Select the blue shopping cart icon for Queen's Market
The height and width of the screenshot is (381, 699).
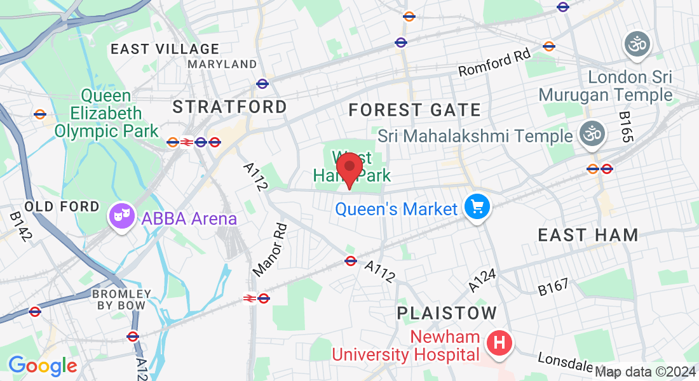tap(477, 208)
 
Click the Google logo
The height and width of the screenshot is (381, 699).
tap(43, 366)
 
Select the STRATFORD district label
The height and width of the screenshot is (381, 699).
tap(230, 106)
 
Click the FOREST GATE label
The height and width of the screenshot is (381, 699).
tap(414, 110)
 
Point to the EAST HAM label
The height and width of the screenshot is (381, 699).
tap(588, 235)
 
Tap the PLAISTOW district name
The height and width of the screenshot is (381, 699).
tap(447, 312)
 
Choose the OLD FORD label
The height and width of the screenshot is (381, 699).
tap(62, 207)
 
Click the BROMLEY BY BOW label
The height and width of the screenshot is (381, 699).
tap(121, 300)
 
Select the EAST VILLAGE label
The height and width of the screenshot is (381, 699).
tap(165, 49)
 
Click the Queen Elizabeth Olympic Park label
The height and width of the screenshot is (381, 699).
tap(106, 114)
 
